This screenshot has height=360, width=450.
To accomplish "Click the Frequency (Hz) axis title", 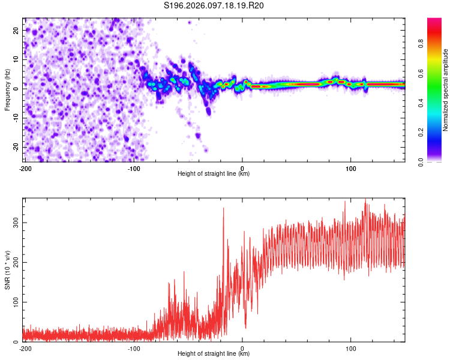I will [7, 90].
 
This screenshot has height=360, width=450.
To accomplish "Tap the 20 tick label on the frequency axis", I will [16, 30].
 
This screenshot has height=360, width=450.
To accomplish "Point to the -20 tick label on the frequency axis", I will [15, 147].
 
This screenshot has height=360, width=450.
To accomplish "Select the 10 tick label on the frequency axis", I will [16, 59].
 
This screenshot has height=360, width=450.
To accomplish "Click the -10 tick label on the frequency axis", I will [15, 118].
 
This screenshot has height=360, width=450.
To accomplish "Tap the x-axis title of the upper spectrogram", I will [214, 174].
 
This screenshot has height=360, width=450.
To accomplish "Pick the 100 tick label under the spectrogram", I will [351, 167].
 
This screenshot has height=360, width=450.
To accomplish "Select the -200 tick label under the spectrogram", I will [25, 167].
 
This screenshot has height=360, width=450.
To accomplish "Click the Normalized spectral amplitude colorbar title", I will [446, 90].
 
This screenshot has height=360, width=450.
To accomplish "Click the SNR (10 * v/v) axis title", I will [7, 270].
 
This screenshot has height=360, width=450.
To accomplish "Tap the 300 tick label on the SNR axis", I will [14, 223].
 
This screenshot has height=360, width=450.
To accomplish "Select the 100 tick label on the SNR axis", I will [14, 302].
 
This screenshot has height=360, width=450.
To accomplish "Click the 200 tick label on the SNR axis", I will [14, 262].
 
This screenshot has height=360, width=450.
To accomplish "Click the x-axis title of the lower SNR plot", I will [214, 354].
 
